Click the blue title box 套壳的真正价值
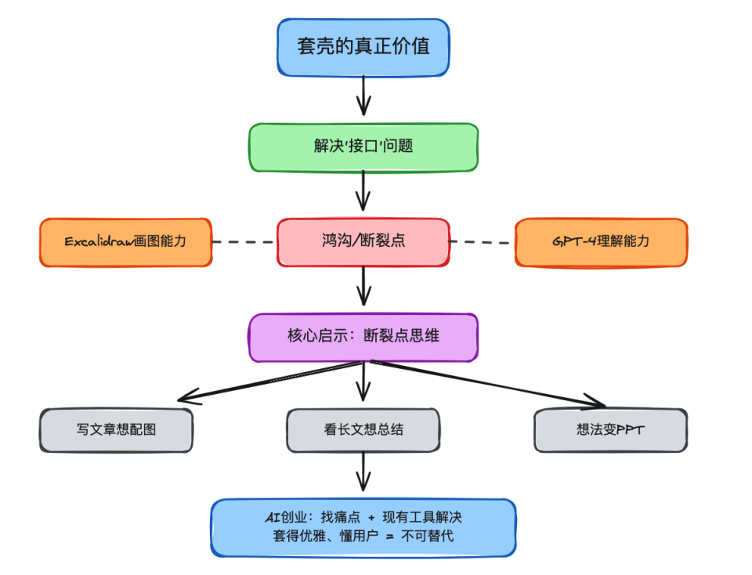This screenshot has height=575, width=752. pyautogui.click(x=363, y=47)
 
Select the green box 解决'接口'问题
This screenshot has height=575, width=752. pyautogui.click(x=363, y=147)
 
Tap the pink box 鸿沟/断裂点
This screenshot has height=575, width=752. pyautogui.click(x=363, y=242)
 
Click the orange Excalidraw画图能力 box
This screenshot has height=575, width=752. pyautogui.click(x=125, y=242)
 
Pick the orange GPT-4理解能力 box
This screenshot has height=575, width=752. pyautogui.click(x=601, y=242)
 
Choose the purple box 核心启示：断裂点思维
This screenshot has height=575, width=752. pyautogui.click(x=363, y=337)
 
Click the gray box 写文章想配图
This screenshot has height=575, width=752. pyautogui.click(x=116, y=430)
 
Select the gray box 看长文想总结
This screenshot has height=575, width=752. pyautogui.click(x=363, y=430)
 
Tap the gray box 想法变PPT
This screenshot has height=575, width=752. pyautogui.click(x=610, y=430)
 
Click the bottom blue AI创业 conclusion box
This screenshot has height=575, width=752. pyautogui.click(x=363, y=527)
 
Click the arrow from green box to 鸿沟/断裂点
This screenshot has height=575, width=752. pyautogui.click(x=363, y=192)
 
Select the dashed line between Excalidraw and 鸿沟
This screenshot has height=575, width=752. pyautogui.click(x=244, y=242)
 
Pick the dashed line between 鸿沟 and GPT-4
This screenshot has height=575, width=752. pyautogui.click(x=482, y=242)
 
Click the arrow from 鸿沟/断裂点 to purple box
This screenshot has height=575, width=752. pyautogui.click(x=363, y=286)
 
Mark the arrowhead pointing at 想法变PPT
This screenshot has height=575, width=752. pyautogui.click(x=597, y=403)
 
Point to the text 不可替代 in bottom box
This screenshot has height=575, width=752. pyautogui.click(x=427, y=537)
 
